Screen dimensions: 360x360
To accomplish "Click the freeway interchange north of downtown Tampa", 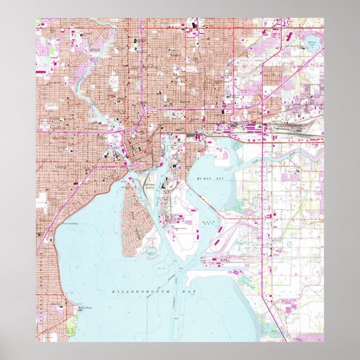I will click(x=144, y=107).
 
